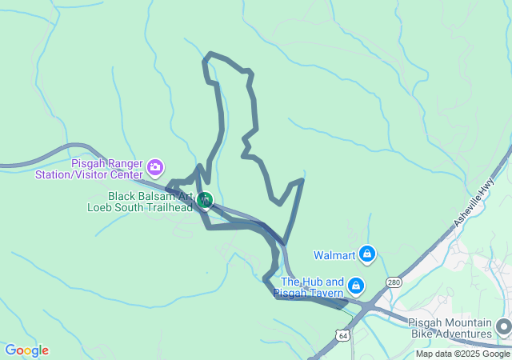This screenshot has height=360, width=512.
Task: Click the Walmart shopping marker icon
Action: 366,254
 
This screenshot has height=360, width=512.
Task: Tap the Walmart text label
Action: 334,256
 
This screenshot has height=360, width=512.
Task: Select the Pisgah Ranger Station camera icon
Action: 155,168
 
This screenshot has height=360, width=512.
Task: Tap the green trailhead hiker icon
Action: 206,199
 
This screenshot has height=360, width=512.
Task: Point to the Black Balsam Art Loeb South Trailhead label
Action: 139,202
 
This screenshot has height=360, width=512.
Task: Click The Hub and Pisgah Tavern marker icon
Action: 356,285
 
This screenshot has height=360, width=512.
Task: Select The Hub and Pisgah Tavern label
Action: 312,288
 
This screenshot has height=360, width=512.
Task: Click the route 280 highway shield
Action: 393,282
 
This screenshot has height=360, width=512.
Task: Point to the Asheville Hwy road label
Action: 476,201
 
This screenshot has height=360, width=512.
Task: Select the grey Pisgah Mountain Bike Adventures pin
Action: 503,326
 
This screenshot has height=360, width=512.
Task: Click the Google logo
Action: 26,350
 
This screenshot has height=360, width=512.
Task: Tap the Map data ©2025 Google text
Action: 462,354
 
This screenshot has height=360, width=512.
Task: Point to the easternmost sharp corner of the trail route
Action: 302,180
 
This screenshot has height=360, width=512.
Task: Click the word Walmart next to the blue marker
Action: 334,256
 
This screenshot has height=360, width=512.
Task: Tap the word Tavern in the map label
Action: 326,294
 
